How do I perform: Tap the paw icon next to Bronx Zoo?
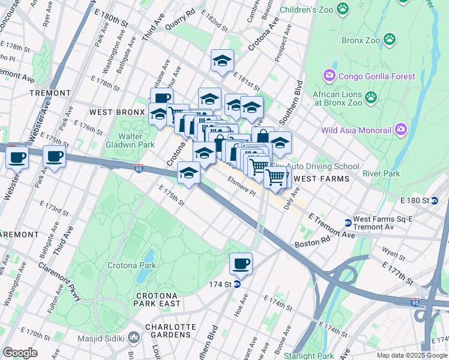pyautogui.click(x=390, y=39)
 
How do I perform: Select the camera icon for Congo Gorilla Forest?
pyautogui.click(x=329, y=76)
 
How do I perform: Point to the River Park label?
pyautogui.click(x=381, y=173)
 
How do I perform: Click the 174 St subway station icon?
pyautogui.click(x=237, y=284)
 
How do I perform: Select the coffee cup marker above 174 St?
pyautogui.click(x=241, y=263)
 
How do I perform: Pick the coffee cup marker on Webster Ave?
pyautogui.click(x=17, y=158)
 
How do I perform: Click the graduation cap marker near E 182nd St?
pyautogui.click(x=222, y=61)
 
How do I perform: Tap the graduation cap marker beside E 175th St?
pyautogui.click(x=189, y=173)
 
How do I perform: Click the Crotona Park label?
pyautogui.click(x=131, y=265)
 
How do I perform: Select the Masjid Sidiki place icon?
pyautogui.click(x=133, y=338)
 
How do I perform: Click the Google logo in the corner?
pyautogui.click(x=20, y=352)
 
